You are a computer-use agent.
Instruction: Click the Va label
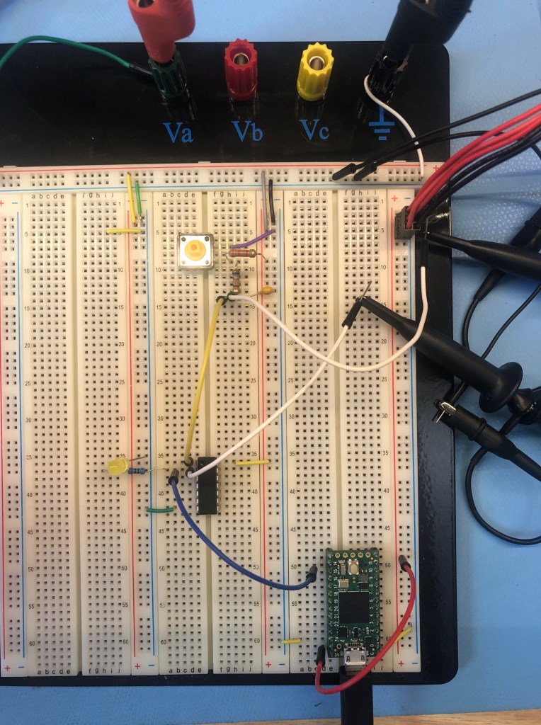pos(178,132)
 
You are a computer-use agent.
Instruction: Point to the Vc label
pos(313,130)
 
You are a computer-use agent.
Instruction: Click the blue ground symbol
pos(382,129)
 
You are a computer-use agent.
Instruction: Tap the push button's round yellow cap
pos(193,249)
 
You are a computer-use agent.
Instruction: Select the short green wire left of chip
pos(159,508)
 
